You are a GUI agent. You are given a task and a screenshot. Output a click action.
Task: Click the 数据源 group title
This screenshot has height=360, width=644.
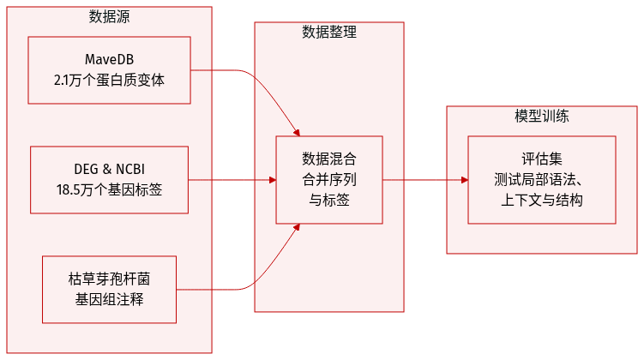click(110, 17)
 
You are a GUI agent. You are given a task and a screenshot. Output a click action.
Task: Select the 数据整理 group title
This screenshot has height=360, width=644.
click(329, 33)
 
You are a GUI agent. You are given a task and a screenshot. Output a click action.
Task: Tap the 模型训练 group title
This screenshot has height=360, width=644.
click(542, 117)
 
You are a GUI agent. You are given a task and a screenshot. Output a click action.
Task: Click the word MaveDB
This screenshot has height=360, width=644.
click(109, 60)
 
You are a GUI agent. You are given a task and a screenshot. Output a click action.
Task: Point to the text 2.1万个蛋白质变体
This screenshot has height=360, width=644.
click(109, 81)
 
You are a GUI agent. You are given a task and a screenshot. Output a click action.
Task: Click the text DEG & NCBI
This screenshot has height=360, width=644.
click(109, 169)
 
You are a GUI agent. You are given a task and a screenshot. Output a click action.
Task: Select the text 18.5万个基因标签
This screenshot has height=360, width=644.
click(109, 189)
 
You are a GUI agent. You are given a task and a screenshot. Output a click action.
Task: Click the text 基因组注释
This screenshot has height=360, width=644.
click(109, 300)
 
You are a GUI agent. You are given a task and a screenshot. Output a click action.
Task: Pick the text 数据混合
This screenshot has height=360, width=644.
click(329, 159)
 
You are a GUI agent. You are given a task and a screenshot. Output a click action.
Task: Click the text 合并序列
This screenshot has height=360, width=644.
click(329, 179)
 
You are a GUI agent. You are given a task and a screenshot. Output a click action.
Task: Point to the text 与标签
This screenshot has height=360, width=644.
click(329, 200)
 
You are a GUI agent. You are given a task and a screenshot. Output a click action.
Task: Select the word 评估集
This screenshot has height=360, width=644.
click(542, 159)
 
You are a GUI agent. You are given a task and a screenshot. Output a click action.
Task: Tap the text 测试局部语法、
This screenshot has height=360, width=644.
click(542, 179)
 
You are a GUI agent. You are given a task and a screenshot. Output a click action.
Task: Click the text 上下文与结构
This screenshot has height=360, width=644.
click(542, 200)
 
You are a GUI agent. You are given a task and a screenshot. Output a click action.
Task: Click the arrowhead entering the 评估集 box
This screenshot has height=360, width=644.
click(464, 180)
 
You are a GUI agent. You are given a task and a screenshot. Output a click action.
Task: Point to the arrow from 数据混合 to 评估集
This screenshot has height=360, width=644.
click(424, 180)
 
